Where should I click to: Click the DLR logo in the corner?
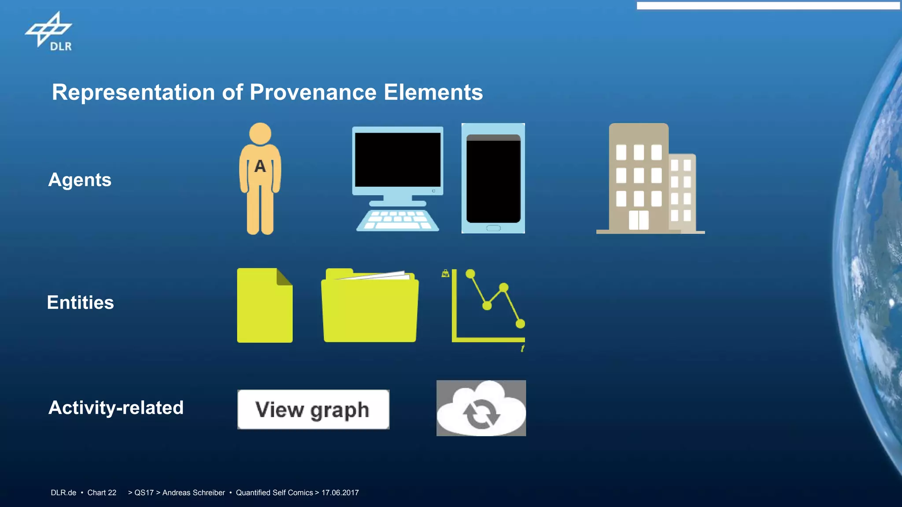[48, 32]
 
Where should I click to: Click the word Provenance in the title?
[313, 92]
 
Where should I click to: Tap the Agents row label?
[80, 180]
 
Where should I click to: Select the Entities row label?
[81, 303]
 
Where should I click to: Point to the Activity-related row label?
[116, 408]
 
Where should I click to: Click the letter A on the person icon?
[260, 166]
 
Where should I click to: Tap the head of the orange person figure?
[260, 133]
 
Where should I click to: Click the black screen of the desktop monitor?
[397, 160]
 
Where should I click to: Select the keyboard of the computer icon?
[397, 220]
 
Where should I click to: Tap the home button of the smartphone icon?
[493, 228]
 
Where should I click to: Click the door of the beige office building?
[639, 220]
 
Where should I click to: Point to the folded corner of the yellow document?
[284, 277]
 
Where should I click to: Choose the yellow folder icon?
[370, 306]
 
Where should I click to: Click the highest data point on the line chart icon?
[470, 274]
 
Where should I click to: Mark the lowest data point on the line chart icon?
[520, 324]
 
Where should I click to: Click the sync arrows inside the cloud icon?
[481, 413]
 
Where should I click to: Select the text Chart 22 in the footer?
[102, 492]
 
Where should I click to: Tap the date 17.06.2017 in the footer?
[340, 492]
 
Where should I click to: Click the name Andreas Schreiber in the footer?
[193, 492]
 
